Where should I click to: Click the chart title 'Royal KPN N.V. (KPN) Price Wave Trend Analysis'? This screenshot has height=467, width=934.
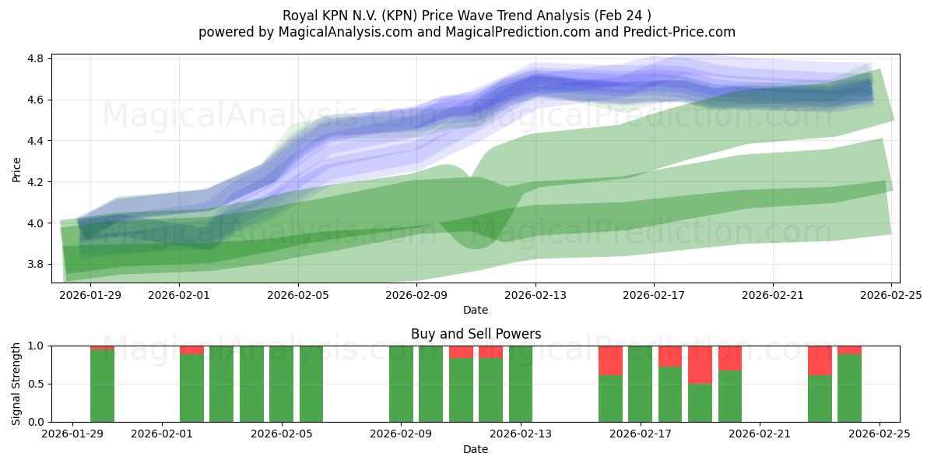[x=466, y=15]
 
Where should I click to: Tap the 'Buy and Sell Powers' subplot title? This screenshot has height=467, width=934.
[x=476, y=334]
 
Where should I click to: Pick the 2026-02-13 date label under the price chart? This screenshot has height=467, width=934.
[x=535, y=295]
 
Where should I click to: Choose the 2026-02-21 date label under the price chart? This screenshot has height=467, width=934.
[x=773, y=295]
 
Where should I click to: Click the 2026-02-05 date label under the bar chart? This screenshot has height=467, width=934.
[x=281, y=434]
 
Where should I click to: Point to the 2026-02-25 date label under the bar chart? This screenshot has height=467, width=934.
[x=879, y=434]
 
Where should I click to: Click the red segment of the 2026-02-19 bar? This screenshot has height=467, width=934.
[x=700, y=364]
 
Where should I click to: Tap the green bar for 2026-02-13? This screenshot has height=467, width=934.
[x=521, y=384]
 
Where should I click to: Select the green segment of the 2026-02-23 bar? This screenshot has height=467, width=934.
[x=820, y=399]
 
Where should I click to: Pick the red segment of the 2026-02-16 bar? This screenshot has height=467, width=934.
[x=610, y=360]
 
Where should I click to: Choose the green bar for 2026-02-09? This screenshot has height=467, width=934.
[x=401, y=384]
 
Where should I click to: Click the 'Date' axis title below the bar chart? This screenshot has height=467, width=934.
[x=476, y=449]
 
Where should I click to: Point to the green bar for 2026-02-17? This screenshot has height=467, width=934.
[x=640, y=384]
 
